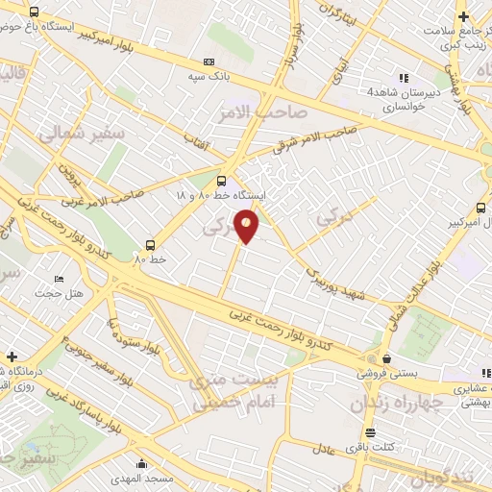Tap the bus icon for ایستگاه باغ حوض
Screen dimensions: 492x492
coord(35,12)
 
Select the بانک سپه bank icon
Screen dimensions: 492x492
coord(209,61)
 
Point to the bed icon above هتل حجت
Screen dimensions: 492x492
coord(60,279)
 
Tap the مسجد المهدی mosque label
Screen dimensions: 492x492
coord(141,478)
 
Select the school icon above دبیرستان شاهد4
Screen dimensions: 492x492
coord(404,78)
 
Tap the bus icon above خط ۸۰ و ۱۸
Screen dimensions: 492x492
coord(222,180)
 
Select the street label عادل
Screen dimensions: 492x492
coord(322,448)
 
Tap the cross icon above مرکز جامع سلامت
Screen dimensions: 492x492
coord(464,16)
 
